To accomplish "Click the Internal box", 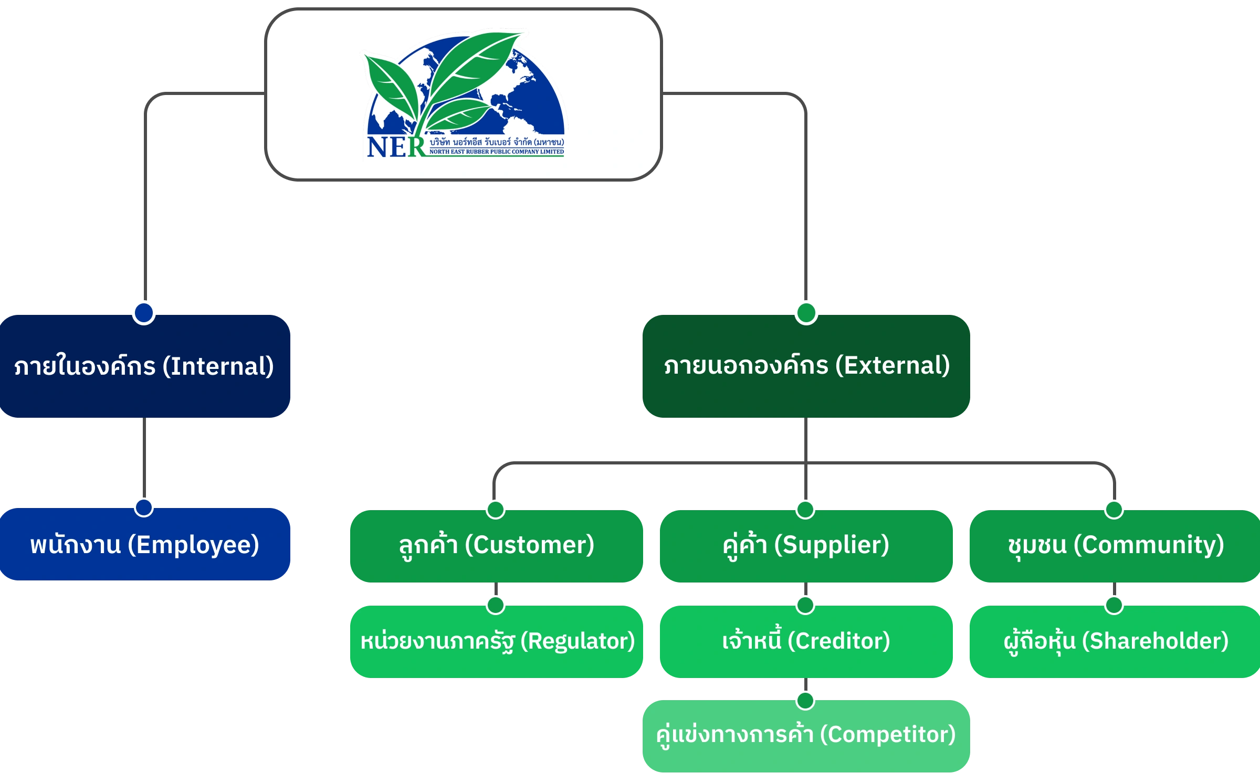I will click(144, 366).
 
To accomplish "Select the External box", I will click(806, 366).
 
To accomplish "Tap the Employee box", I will click(144, 545).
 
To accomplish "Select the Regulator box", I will click(496, 641).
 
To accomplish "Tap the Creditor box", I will click(806, 641).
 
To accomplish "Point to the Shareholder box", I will click(1115, 641).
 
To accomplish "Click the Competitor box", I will click(806, 735).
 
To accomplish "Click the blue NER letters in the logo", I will click(395, 147).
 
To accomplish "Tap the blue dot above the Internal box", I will click(144, 312).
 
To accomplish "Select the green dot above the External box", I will click(806, 312).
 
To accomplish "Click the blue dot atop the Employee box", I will click(144, 507).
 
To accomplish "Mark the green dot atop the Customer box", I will click(496, 509).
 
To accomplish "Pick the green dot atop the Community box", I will click(1114, 509).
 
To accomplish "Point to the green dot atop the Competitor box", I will click(805, 700).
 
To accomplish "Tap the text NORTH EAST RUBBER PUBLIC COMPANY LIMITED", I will click(496, 152).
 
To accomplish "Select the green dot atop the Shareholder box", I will click(1114, 605).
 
